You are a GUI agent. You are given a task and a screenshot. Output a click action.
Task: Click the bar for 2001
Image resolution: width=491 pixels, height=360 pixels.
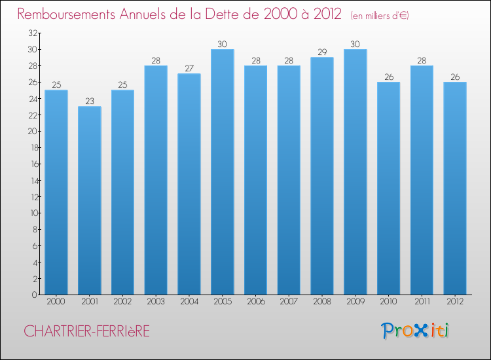(x=90, y=200)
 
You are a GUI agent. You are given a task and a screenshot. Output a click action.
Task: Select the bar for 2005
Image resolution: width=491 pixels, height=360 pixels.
(x=222, y=171)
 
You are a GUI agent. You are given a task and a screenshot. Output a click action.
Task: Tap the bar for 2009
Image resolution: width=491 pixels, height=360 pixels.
(x=355, y=171)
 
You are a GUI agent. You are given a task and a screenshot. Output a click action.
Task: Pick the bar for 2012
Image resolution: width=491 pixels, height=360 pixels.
(x=454, y=188)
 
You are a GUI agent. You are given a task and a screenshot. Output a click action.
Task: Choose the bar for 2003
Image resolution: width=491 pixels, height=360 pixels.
(x=156, y=180)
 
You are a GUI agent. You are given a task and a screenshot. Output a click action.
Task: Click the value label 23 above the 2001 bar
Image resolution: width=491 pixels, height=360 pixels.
(x=90, y=101)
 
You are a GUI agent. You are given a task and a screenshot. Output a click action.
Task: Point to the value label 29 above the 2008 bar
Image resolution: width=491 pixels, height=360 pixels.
(x=321, y=52)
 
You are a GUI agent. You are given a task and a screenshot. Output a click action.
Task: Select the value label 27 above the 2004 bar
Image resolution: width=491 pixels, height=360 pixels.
(x=189, y=68)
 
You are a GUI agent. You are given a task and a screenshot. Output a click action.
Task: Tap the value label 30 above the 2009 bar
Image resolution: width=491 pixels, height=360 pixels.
(x=355, y=44)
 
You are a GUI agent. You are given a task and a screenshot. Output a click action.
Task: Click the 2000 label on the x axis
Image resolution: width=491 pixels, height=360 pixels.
(x=56, y=302)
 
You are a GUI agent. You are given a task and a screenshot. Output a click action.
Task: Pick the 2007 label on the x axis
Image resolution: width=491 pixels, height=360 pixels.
(x=289, y=302)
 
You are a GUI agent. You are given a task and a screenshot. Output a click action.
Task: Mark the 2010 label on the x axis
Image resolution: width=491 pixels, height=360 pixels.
(x=388, y=302)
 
